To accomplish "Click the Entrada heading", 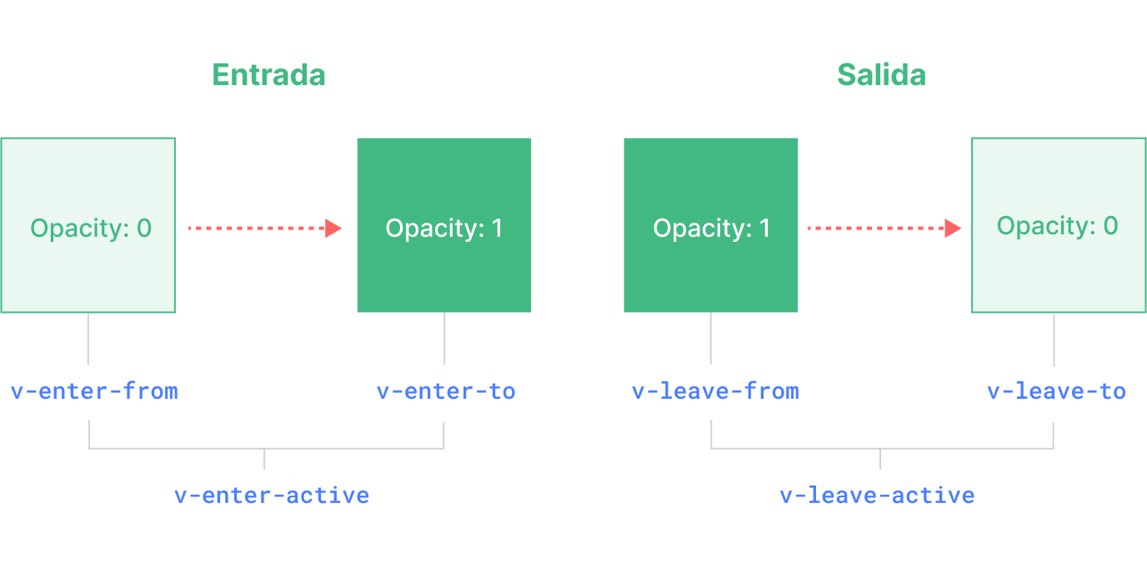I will (268, 75).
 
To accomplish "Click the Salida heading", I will (881, 75).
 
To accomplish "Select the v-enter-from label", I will (94, 391).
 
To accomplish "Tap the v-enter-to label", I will (446, 391).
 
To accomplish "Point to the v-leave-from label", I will (715, 391).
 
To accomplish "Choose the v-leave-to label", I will (1056, 391).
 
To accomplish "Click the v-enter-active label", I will (271, 496).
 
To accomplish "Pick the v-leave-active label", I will (877, 496).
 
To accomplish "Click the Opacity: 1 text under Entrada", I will (444, 229).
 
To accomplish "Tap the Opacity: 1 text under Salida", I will (711, 229).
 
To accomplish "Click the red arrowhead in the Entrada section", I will (333, 228).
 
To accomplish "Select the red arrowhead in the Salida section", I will (953, 228).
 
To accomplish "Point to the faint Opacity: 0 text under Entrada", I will (90, 228).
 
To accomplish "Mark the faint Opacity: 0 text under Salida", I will (1057, 226).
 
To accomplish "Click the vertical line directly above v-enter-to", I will (444, 339).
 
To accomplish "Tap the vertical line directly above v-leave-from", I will (711, 339).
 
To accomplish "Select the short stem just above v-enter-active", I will (264, 459).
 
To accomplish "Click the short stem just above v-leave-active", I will (880, 459).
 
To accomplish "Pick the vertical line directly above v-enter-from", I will (88, 339).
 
